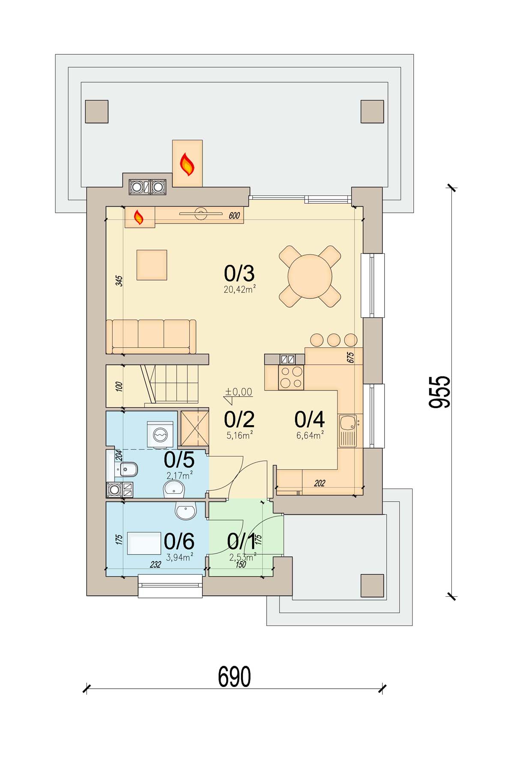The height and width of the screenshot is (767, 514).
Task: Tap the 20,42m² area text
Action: point(240,290)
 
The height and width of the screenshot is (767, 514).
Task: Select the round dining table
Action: point(310,276)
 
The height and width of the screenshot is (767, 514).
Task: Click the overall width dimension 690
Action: point(234,676)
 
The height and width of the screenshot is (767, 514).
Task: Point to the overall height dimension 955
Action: point(440,392)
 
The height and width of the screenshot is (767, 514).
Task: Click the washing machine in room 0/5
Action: point(160,435)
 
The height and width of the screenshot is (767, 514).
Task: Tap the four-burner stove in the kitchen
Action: point(291,377)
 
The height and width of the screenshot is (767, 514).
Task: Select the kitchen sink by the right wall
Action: point(348,431)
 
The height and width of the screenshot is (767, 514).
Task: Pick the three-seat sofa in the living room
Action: point(151,337)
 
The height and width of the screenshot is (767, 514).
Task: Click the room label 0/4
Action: point(309,420)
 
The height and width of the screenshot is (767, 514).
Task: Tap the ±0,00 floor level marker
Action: point(238,392)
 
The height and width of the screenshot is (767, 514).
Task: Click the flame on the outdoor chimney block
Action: point(187,164)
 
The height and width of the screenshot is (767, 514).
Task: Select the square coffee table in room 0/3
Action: point(152,265)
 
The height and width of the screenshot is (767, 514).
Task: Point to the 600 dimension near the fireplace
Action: point(234,216)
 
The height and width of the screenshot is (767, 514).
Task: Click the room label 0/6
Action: point(179,542)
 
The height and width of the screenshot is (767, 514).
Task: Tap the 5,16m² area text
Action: point(239,435)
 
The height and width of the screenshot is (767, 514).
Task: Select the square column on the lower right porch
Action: point(372,585)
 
